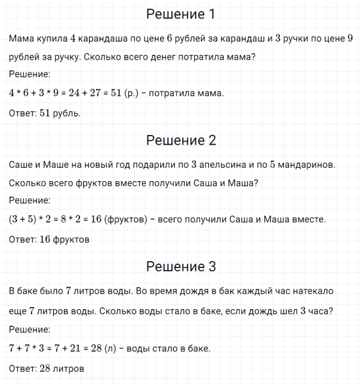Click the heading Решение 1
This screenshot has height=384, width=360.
pos(181,14)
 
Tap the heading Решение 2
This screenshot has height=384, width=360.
pos(181,140)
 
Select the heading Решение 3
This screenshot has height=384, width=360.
pos(181,267)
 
